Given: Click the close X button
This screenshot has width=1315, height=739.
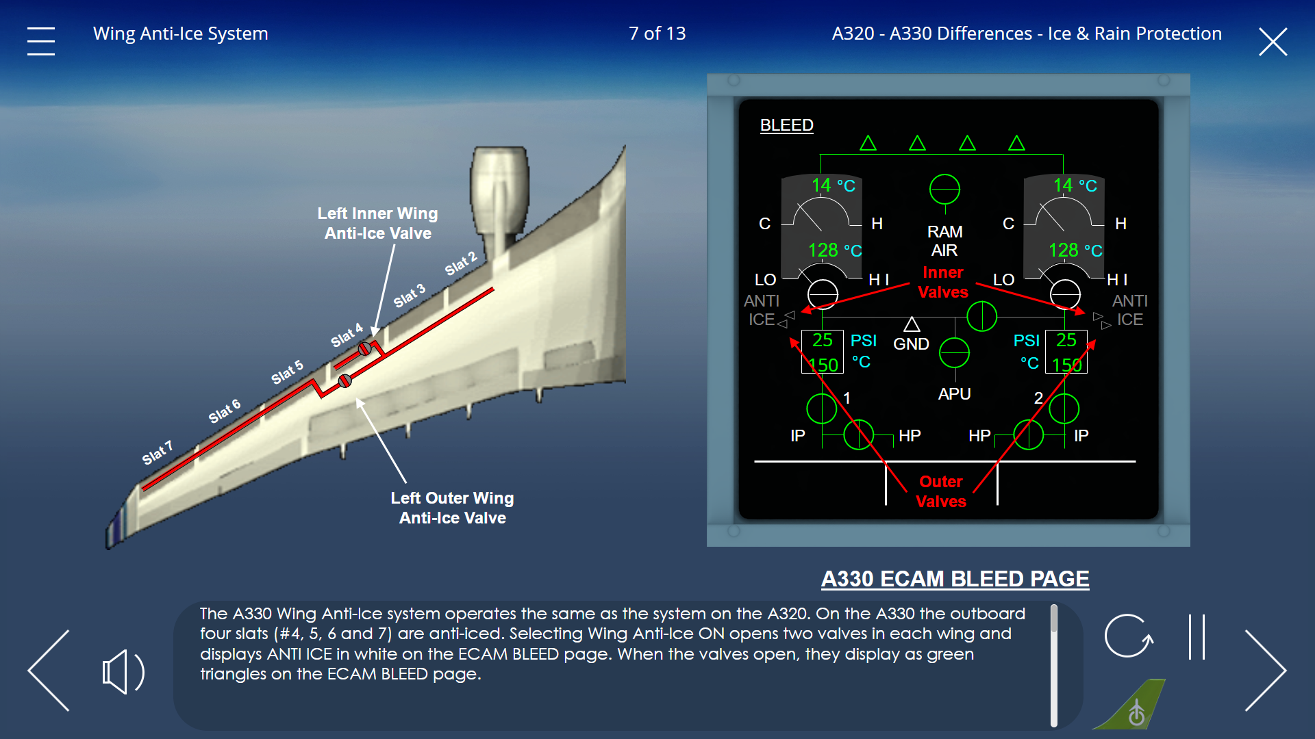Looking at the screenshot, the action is coord(1273,42).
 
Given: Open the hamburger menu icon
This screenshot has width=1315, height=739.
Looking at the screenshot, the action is coord(41,41).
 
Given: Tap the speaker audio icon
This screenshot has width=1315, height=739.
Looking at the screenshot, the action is coord(123,672).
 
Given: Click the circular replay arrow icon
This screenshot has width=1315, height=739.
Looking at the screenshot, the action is coord(1129,636).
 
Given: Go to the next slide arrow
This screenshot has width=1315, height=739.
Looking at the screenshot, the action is coord(1266,671).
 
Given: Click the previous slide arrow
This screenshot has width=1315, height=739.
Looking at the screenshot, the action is coord(49,671).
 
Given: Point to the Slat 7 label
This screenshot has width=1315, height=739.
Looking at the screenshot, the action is coord(158,453).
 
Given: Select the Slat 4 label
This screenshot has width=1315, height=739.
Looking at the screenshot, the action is coord(347,335).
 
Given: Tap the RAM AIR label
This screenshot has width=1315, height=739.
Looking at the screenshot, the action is coord(944,241).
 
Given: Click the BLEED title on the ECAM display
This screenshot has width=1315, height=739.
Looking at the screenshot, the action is coord(787,125).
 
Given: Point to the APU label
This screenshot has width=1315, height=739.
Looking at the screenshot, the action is coord(954,394).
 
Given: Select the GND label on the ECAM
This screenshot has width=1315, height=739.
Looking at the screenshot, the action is coord(911,344).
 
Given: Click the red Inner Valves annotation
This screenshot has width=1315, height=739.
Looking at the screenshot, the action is coord(943,282).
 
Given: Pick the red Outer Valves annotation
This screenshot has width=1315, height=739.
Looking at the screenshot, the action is coord(941,491).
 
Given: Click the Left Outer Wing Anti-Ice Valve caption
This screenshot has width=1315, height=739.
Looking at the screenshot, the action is coord(453,508).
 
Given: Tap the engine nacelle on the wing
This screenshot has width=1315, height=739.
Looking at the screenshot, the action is coord(500,195).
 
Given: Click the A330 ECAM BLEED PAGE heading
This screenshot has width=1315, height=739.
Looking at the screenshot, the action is coord(955,579).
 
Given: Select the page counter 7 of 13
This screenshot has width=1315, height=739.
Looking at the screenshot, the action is coord(657,34).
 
